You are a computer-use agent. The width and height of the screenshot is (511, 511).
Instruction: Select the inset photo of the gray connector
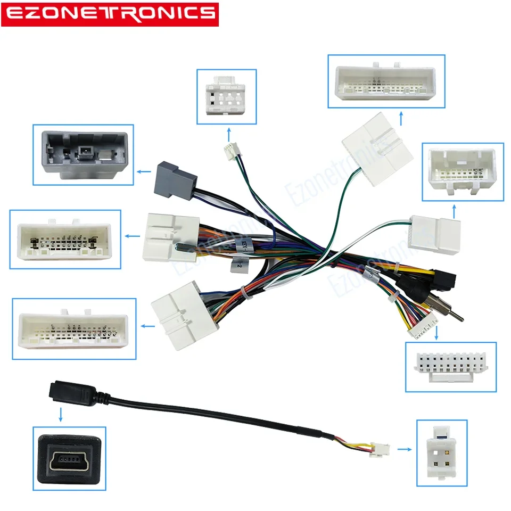83,154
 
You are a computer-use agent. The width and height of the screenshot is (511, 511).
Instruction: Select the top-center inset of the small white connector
226,96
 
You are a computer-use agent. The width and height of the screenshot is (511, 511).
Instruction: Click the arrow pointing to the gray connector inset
143,172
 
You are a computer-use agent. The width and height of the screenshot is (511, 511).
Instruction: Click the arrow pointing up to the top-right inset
400,117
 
